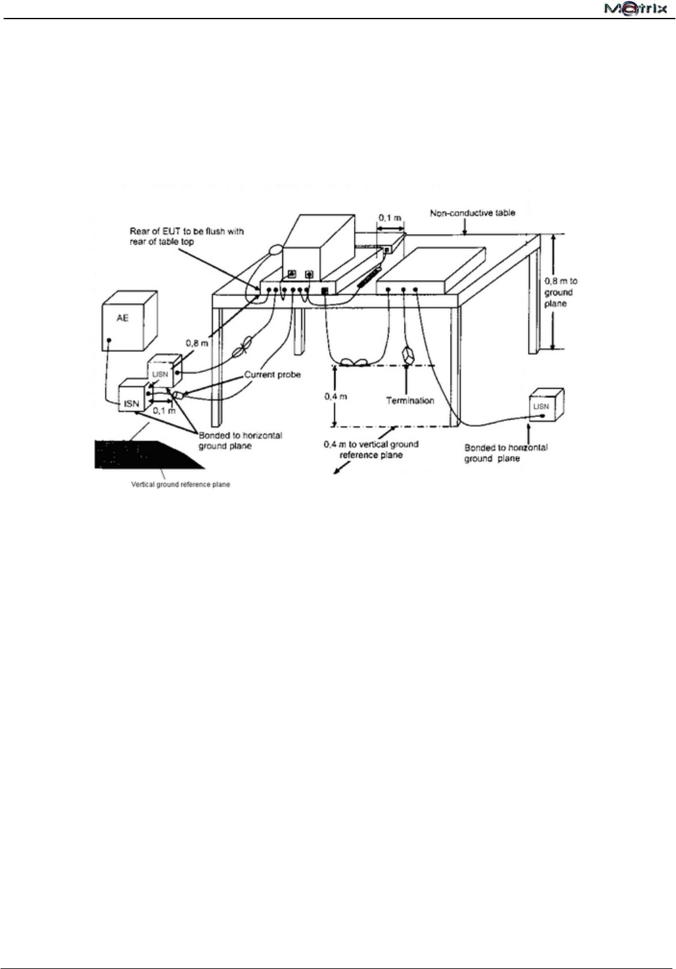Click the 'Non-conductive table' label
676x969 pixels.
(472, 213)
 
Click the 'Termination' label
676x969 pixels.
(410, 400)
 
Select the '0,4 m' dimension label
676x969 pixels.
(334, 397)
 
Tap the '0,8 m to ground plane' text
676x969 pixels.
(560, 292)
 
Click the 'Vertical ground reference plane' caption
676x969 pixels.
(181, 484)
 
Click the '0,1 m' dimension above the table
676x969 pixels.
(390, 217)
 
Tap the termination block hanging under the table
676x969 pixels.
(406, 356)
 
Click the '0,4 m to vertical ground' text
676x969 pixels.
(371, 449)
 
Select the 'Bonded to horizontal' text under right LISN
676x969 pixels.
(506, 453)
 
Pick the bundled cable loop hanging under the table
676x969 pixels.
(353, 361)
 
